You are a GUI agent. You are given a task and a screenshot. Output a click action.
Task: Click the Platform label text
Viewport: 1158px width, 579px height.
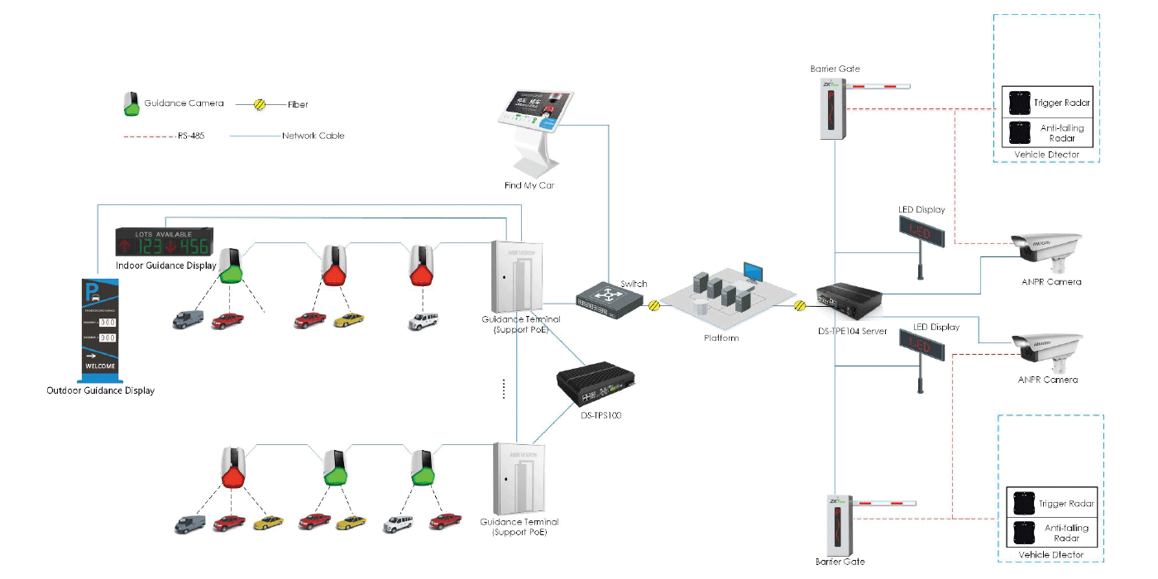coord(721,338)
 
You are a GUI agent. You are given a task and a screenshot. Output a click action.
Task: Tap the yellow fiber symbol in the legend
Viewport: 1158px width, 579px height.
coord(259,105)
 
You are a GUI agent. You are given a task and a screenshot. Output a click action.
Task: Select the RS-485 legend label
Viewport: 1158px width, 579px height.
coord(189,136)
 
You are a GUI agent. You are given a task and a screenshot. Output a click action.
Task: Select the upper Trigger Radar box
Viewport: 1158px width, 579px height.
coord(1047,103)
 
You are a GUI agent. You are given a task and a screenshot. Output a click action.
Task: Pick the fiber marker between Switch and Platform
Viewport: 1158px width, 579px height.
coord(653,304)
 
